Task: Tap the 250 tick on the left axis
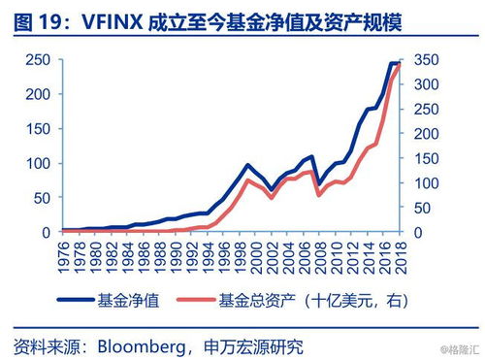coord(38,61)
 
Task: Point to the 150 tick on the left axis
coord(38,129)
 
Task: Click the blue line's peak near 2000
coord(247,166)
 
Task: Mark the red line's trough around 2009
coord(317,195)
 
